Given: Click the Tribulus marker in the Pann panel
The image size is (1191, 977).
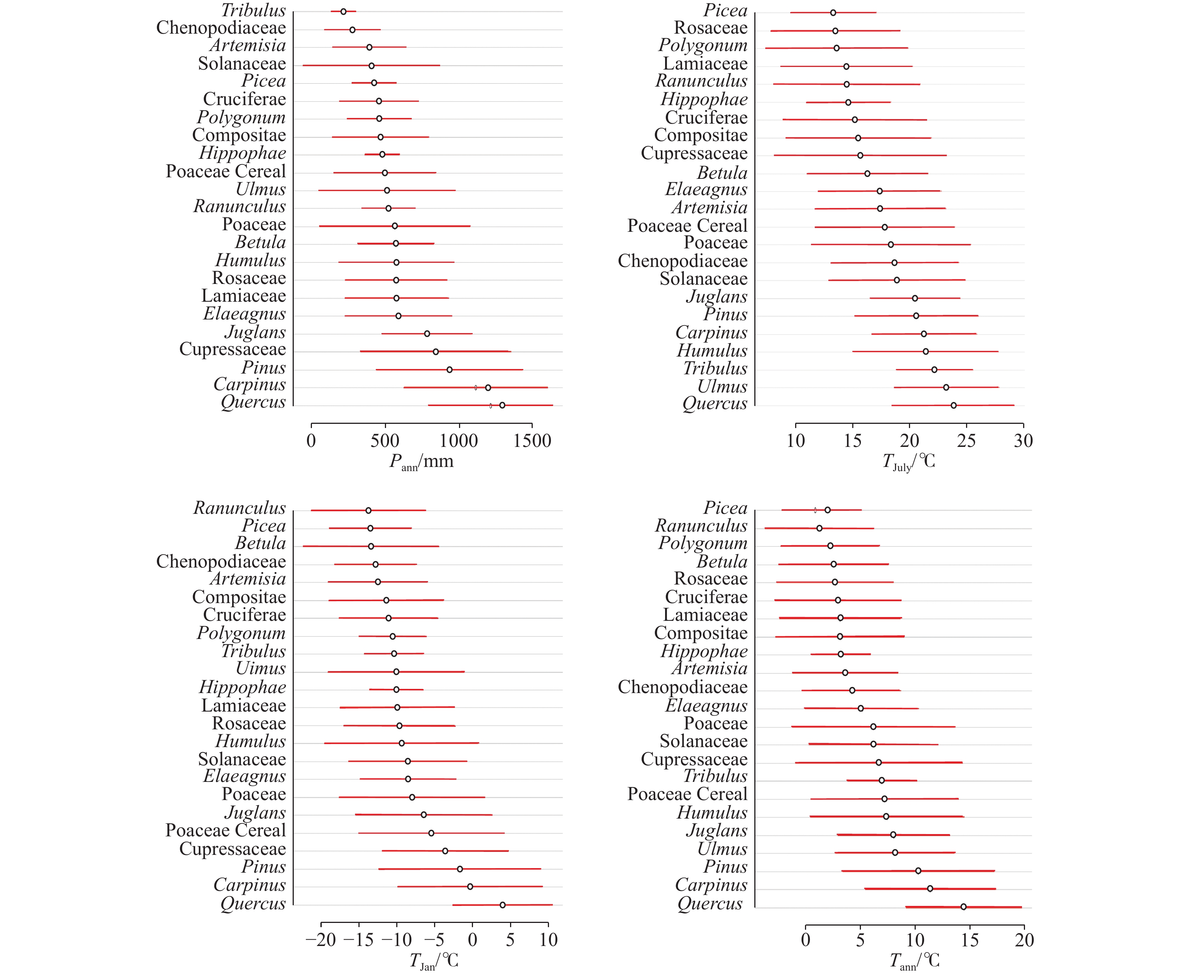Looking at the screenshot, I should tap(343, 11).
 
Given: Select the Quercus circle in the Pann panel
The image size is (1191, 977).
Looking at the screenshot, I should tap(502, 405).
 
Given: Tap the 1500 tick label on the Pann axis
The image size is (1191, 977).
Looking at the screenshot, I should tap(532, 440).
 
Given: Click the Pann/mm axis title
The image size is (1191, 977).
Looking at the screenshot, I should tap(421, 462).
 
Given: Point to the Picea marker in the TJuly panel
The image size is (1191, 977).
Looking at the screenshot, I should tap(833, 12).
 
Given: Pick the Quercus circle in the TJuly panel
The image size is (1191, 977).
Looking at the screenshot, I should tap(954, 405).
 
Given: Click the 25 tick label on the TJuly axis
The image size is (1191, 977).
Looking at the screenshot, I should tap(966, 440).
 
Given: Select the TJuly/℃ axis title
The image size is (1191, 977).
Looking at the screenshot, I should tap(909, 462).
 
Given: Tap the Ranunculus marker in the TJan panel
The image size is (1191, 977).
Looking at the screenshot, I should tap(369, 510).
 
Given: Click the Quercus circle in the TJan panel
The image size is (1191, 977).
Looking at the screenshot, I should tap(502, 905).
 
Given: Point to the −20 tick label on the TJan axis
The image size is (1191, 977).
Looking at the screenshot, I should tap(321, 940).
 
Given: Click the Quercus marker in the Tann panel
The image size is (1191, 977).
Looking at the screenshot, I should tap(964, 907).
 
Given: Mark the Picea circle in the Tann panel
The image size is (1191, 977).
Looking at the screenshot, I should tap(827, 510).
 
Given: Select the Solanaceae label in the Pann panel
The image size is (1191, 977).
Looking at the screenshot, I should tap(242, 64).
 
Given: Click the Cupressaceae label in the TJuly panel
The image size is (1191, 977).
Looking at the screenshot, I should tap(694, 153).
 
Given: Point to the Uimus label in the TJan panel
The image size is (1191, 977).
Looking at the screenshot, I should tap(261, 668).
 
